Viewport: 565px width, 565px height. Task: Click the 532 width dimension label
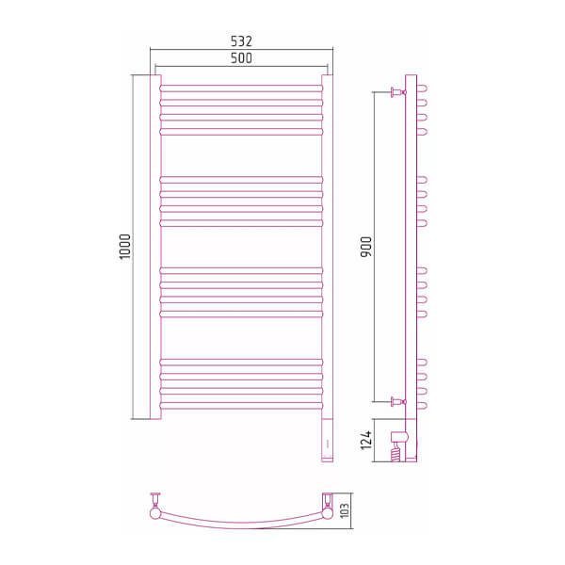[x=241, y=41]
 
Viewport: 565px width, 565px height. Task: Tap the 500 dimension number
[x=241, y=58]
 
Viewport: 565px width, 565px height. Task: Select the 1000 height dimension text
[x=124, y=247]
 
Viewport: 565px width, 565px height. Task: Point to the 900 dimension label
[x=365, y=247]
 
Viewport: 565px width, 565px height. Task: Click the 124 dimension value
[x=365, y=440]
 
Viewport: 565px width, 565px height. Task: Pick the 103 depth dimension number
[x=345, y=510]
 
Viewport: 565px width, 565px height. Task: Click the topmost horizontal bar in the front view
[x=241, y=89]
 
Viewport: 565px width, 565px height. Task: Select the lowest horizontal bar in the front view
[x=241, y=406]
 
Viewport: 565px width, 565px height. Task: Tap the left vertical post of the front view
[x=155, y=247]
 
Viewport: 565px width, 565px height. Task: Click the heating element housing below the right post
[x=327, y=441]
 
